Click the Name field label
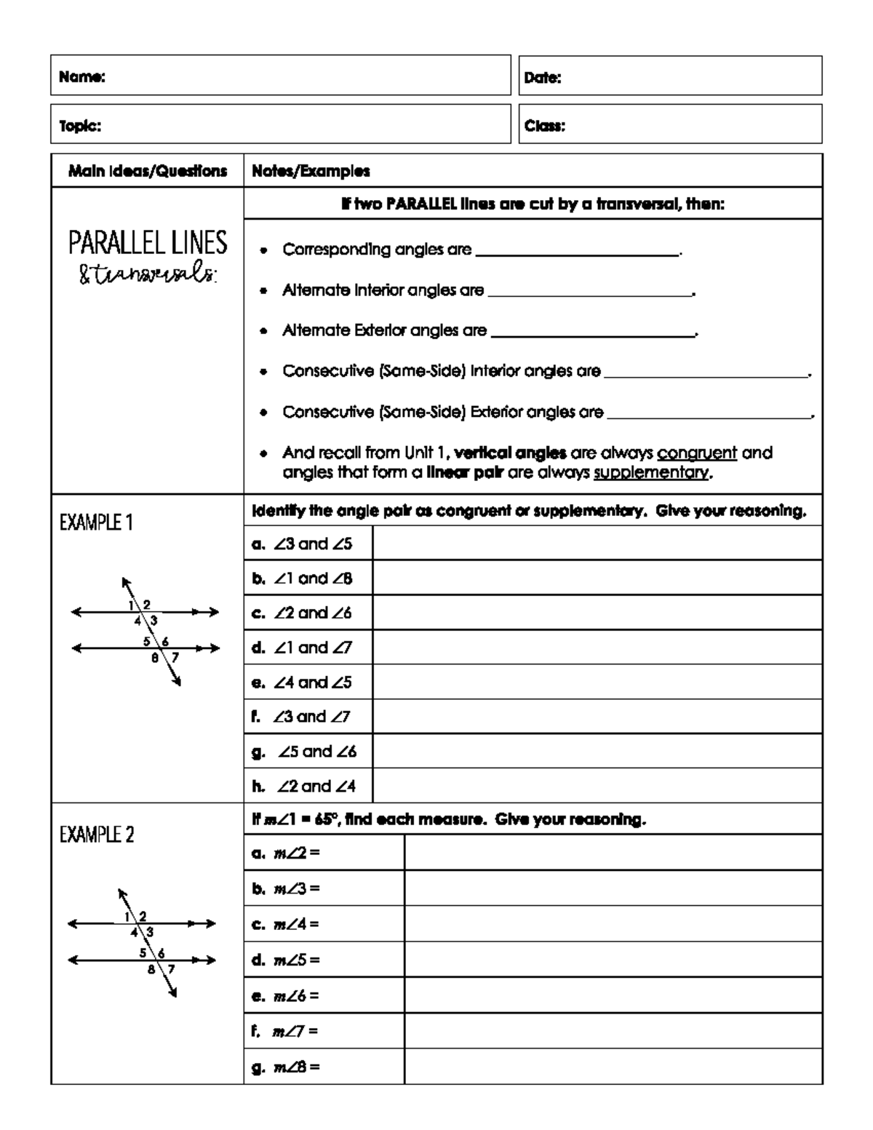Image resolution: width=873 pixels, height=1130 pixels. pos(82,77)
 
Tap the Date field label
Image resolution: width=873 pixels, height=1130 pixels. pos(543,78)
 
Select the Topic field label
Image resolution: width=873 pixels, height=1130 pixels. pos(80,126)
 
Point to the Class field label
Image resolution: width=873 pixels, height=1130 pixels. pos(545,126)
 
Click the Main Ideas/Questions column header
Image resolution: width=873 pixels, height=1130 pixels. pos(148,171)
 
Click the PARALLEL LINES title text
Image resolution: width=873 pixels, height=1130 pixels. pos(148,243)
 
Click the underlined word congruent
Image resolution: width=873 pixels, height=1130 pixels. pos(697,453)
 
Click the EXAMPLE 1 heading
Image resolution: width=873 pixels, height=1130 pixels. pos(96,522)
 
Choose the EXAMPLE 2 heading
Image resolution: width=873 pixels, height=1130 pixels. pos(97,835)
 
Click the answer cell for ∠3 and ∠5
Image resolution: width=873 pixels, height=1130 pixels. pos(597,544)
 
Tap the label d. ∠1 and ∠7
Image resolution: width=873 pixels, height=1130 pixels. pos(303,648)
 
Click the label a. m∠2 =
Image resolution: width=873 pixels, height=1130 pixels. pos(285,853)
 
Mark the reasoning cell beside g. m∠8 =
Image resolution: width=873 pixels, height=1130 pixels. pos(613,1067)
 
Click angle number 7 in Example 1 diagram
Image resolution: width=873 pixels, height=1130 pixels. pos(175,657)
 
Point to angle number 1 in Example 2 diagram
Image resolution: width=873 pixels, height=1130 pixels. pos(127,916)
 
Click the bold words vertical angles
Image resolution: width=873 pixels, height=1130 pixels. pos(510,453)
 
